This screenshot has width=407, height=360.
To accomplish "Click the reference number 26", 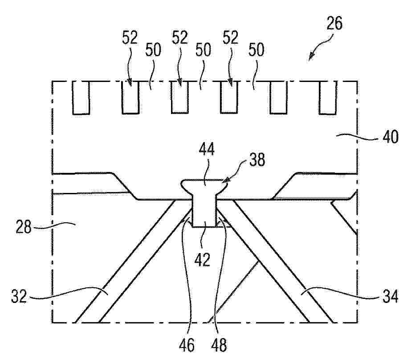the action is (x=334, y=23).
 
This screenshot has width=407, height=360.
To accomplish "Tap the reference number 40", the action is (x=391, y=137).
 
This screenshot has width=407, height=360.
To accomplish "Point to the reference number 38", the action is (x=257, y=160).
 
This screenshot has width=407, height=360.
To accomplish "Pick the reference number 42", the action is (x=203, y=259).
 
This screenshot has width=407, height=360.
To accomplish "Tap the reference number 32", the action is (x=19, y=296).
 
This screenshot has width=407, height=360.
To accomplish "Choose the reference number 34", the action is (x=391, y=296).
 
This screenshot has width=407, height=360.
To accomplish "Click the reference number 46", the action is (x=187, y=345).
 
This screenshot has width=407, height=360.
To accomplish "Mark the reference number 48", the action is (x=219, y=345).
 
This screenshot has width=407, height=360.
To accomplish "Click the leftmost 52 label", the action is (x=130, y=37).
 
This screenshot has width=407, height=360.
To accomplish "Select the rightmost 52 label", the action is (x=231, y=37).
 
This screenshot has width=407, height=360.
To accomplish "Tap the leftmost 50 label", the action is (x=153, y=50).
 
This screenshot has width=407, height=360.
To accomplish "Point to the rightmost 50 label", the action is (x=256, y=50).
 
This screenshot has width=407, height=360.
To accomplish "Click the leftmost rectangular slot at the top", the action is (x=81, y=98).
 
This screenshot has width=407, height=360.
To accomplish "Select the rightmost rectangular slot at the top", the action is (x=328, y=98).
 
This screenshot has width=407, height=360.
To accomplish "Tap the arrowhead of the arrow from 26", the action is (x=311, y=57).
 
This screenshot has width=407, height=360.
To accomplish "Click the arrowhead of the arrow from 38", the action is (x=225, y=181).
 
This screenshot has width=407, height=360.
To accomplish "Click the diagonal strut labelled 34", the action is (x=281, y=261).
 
